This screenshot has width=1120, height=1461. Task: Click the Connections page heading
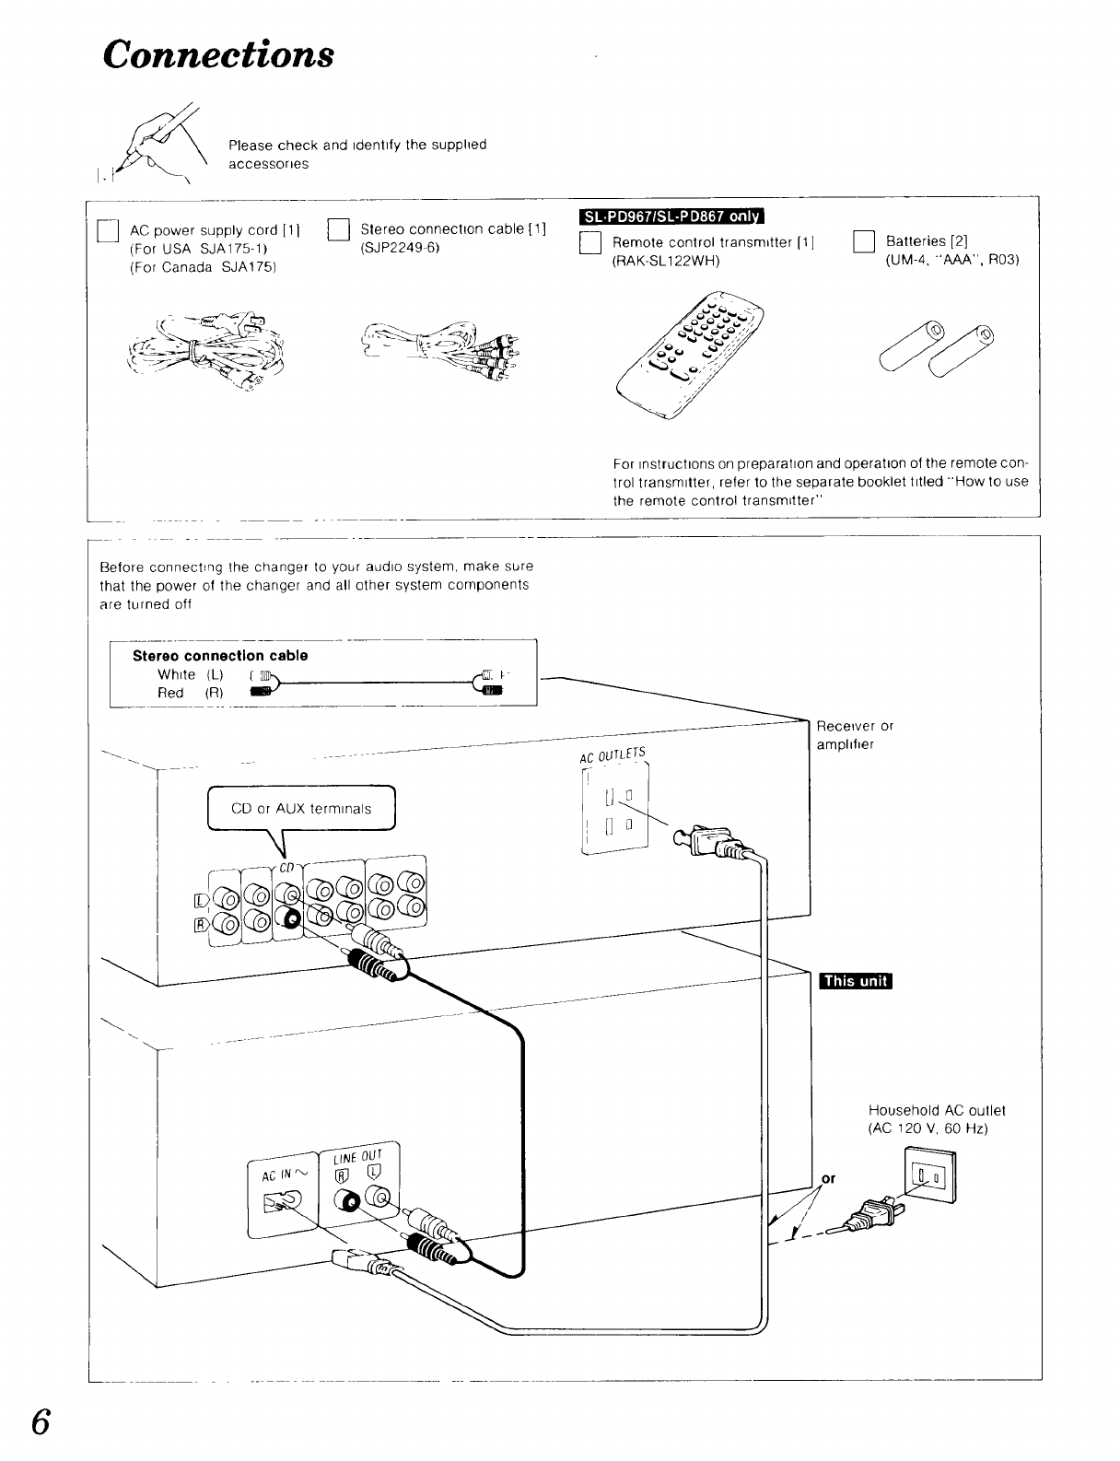(x=218, y=54)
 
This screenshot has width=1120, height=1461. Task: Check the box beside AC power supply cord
(x=109, y=230)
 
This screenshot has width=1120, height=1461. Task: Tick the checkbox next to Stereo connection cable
(x=339, y=230)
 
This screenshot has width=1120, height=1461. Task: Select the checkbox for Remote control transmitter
(x=590, y=242)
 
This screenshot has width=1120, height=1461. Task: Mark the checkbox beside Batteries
(x=864, y=241)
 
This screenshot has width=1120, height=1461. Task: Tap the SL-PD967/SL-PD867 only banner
(x=671, y=216)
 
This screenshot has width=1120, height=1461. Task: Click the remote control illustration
(x=690, y=355)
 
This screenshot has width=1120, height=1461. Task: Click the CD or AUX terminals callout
(x=301, y=808)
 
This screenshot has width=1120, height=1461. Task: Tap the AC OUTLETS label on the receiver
(x=612, y=755)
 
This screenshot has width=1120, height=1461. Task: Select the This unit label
(x=855, y=981)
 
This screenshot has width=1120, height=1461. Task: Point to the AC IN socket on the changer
(x=283, y=1201)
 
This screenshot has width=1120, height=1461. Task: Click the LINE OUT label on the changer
(x=357, y=1157)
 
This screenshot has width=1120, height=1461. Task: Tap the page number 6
(x=41, y=1422)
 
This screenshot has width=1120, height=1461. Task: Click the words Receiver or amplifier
(x=855, y=735)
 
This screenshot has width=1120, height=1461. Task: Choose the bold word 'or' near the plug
(x=828, y=1178)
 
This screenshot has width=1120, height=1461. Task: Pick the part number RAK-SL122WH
(x=666, y=261)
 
